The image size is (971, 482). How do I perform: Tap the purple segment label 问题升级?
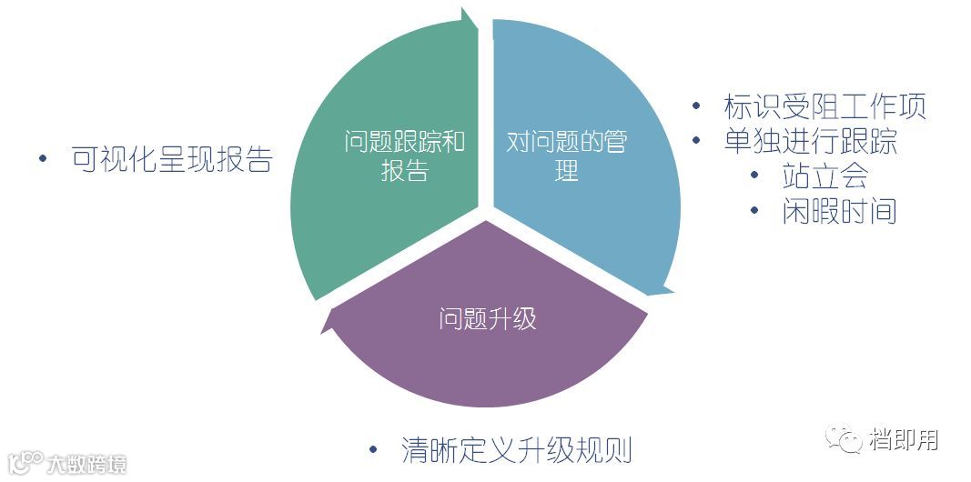487,319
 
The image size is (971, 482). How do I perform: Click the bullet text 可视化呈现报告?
171,159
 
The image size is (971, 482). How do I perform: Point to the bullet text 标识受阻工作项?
824,106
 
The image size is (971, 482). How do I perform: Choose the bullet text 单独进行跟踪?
811,141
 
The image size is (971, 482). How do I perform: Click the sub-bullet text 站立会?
824,176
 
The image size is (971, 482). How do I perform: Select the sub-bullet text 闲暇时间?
839,211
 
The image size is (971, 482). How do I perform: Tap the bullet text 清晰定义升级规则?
516,450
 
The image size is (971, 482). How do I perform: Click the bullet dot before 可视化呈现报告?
43,159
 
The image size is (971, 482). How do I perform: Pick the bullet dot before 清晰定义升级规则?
372,450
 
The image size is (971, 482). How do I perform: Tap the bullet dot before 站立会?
754,176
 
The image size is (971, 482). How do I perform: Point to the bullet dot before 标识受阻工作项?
696,106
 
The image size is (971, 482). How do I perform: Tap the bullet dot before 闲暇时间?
754,211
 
